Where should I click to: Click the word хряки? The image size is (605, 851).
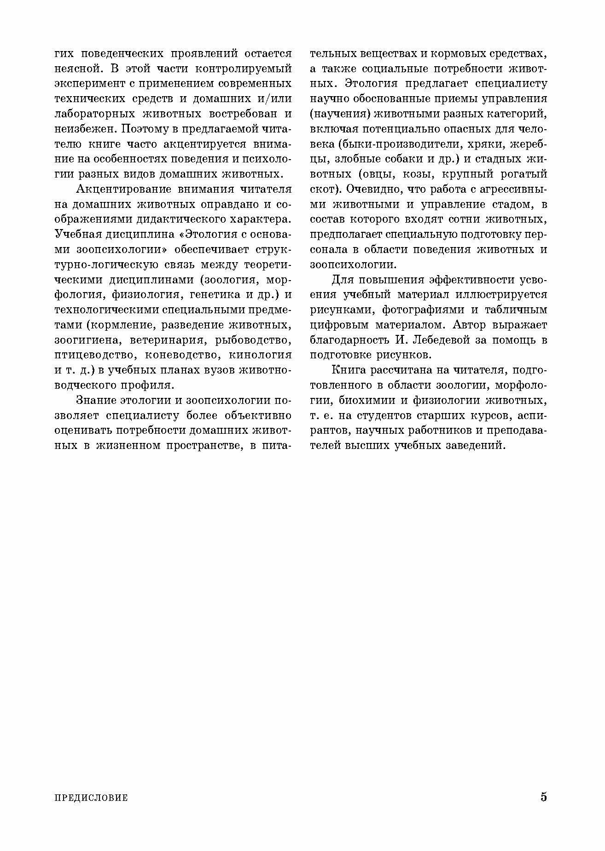click(x=488, y=144)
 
